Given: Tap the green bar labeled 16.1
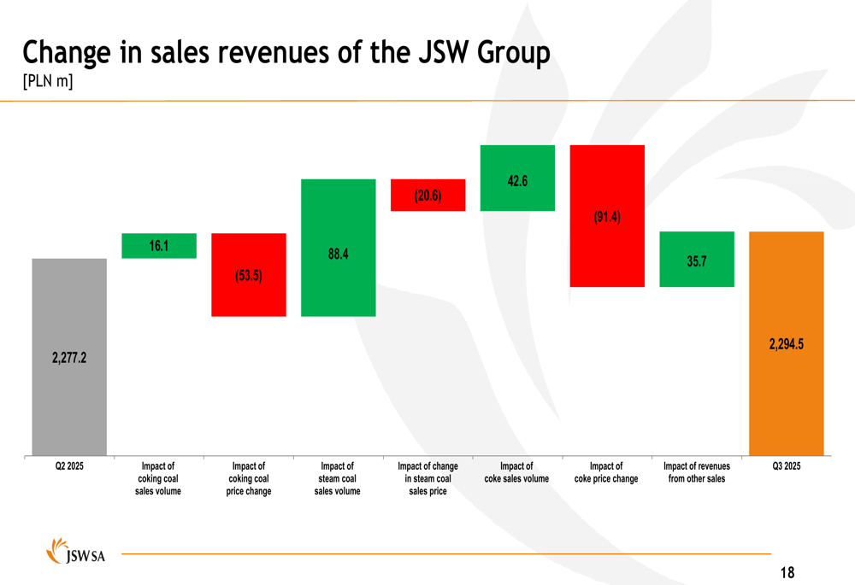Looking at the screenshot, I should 159,246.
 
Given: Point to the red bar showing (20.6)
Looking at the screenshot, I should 427,195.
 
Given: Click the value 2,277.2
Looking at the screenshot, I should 69,358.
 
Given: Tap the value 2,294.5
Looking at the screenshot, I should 786,344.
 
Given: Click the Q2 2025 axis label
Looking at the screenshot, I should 69,466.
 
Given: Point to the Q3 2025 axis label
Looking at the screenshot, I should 786,466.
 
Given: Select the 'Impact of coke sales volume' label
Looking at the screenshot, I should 516,472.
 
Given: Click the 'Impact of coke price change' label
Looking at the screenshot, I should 606,472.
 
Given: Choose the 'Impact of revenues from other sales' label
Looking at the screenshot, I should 697,472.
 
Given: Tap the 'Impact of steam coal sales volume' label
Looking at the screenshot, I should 338,478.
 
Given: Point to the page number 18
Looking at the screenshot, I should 787,572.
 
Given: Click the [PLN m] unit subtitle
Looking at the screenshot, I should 48,82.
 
